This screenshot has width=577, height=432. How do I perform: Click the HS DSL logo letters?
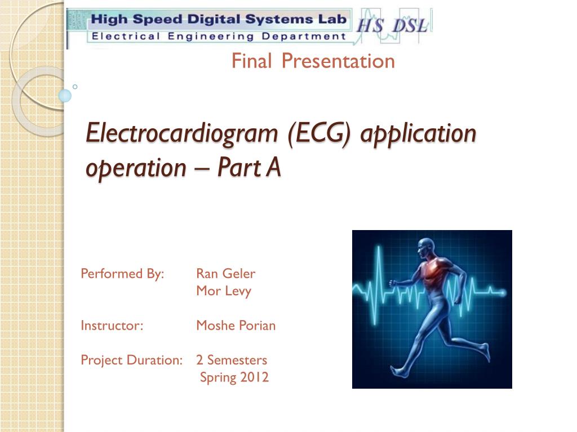click(392, 26)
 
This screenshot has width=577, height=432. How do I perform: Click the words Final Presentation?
click(313, 61)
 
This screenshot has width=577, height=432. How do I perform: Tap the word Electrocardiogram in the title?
click(182, 134)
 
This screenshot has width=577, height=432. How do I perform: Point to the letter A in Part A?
click(273, 168)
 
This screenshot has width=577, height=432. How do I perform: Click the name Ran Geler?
click(225, 274)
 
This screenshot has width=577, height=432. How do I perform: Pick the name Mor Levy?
click(224, 291)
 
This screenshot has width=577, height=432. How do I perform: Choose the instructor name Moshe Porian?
click(236, 326)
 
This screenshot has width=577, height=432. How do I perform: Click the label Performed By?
click(122, 274)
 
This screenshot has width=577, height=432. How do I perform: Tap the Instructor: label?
click(112, 326)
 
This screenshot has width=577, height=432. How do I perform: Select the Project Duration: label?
click(132, 360)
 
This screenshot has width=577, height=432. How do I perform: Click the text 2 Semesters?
click(232, 360)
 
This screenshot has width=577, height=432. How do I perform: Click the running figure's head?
click(426, 249)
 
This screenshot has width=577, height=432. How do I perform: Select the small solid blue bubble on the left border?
click(65, 96)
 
